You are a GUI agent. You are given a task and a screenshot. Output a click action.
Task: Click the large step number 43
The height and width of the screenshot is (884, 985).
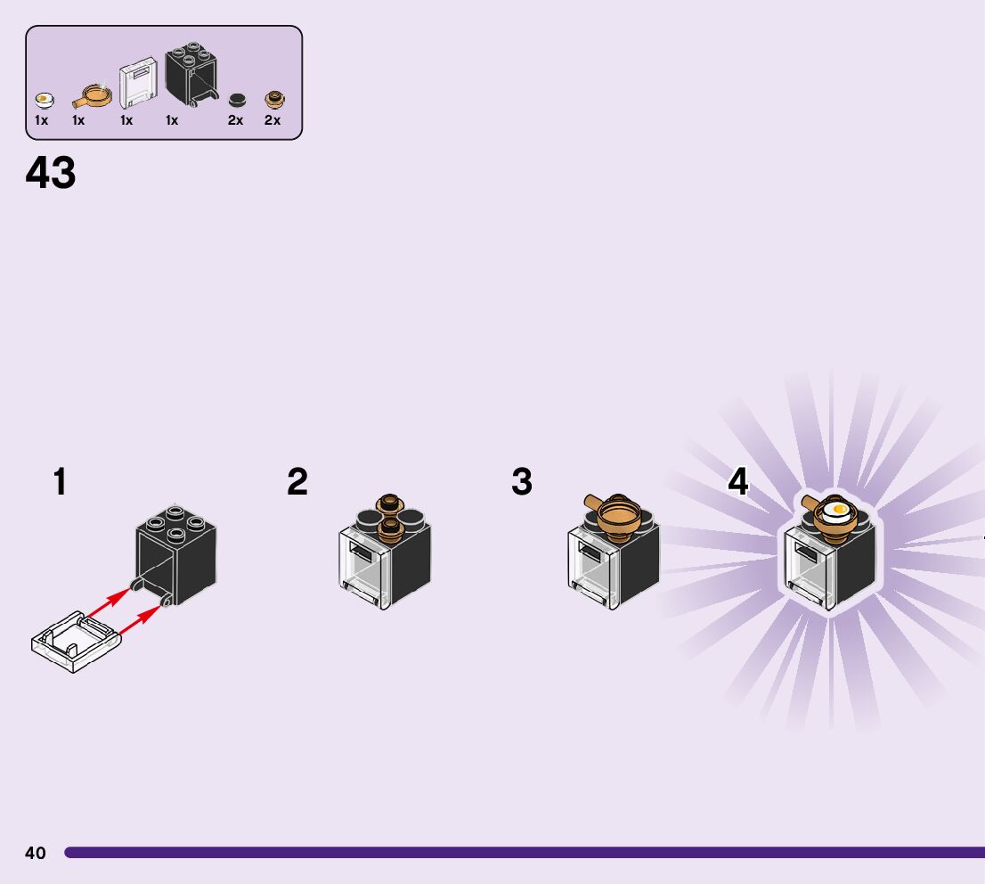51,173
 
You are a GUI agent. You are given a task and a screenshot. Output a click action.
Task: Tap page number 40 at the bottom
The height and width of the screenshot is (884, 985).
35,853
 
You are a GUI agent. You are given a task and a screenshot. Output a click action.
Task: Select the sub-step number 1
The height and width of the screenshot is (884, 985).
60,482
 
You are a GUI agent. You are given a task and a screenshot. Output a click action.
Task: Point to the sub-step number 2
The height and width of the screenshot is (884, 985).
297,482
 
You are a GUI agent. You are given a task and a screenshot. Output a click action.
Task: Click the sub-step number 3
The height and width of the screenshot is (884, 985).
522,482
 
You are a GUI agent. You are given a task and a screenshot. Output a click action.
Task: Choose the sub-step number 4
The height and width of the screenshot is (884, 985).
738,482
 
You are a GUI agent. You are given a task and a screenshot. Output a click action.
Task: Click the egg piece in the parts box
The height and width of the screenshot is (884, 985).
43,100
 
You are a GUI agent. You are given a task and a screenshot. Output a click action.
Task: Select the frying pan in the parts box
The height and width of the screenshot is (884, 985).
90,94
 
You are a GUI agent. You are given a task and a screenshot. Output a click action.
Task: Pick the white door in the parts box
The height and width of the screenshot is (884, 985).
138,84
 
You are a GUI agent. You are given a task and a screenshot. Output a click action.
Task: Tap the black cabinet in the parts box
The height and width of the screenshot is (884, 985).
191,74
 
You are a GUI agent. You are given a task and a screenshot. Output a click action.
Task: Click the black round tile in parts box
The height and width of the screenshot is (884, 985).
237,100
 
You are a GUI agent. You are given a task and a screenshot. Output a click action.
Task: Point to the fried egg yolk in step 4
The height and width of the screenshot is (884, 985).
838,510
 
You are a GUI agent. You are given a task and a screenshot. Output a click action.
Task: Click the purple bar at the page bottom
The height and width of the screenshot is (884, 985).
525,853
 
